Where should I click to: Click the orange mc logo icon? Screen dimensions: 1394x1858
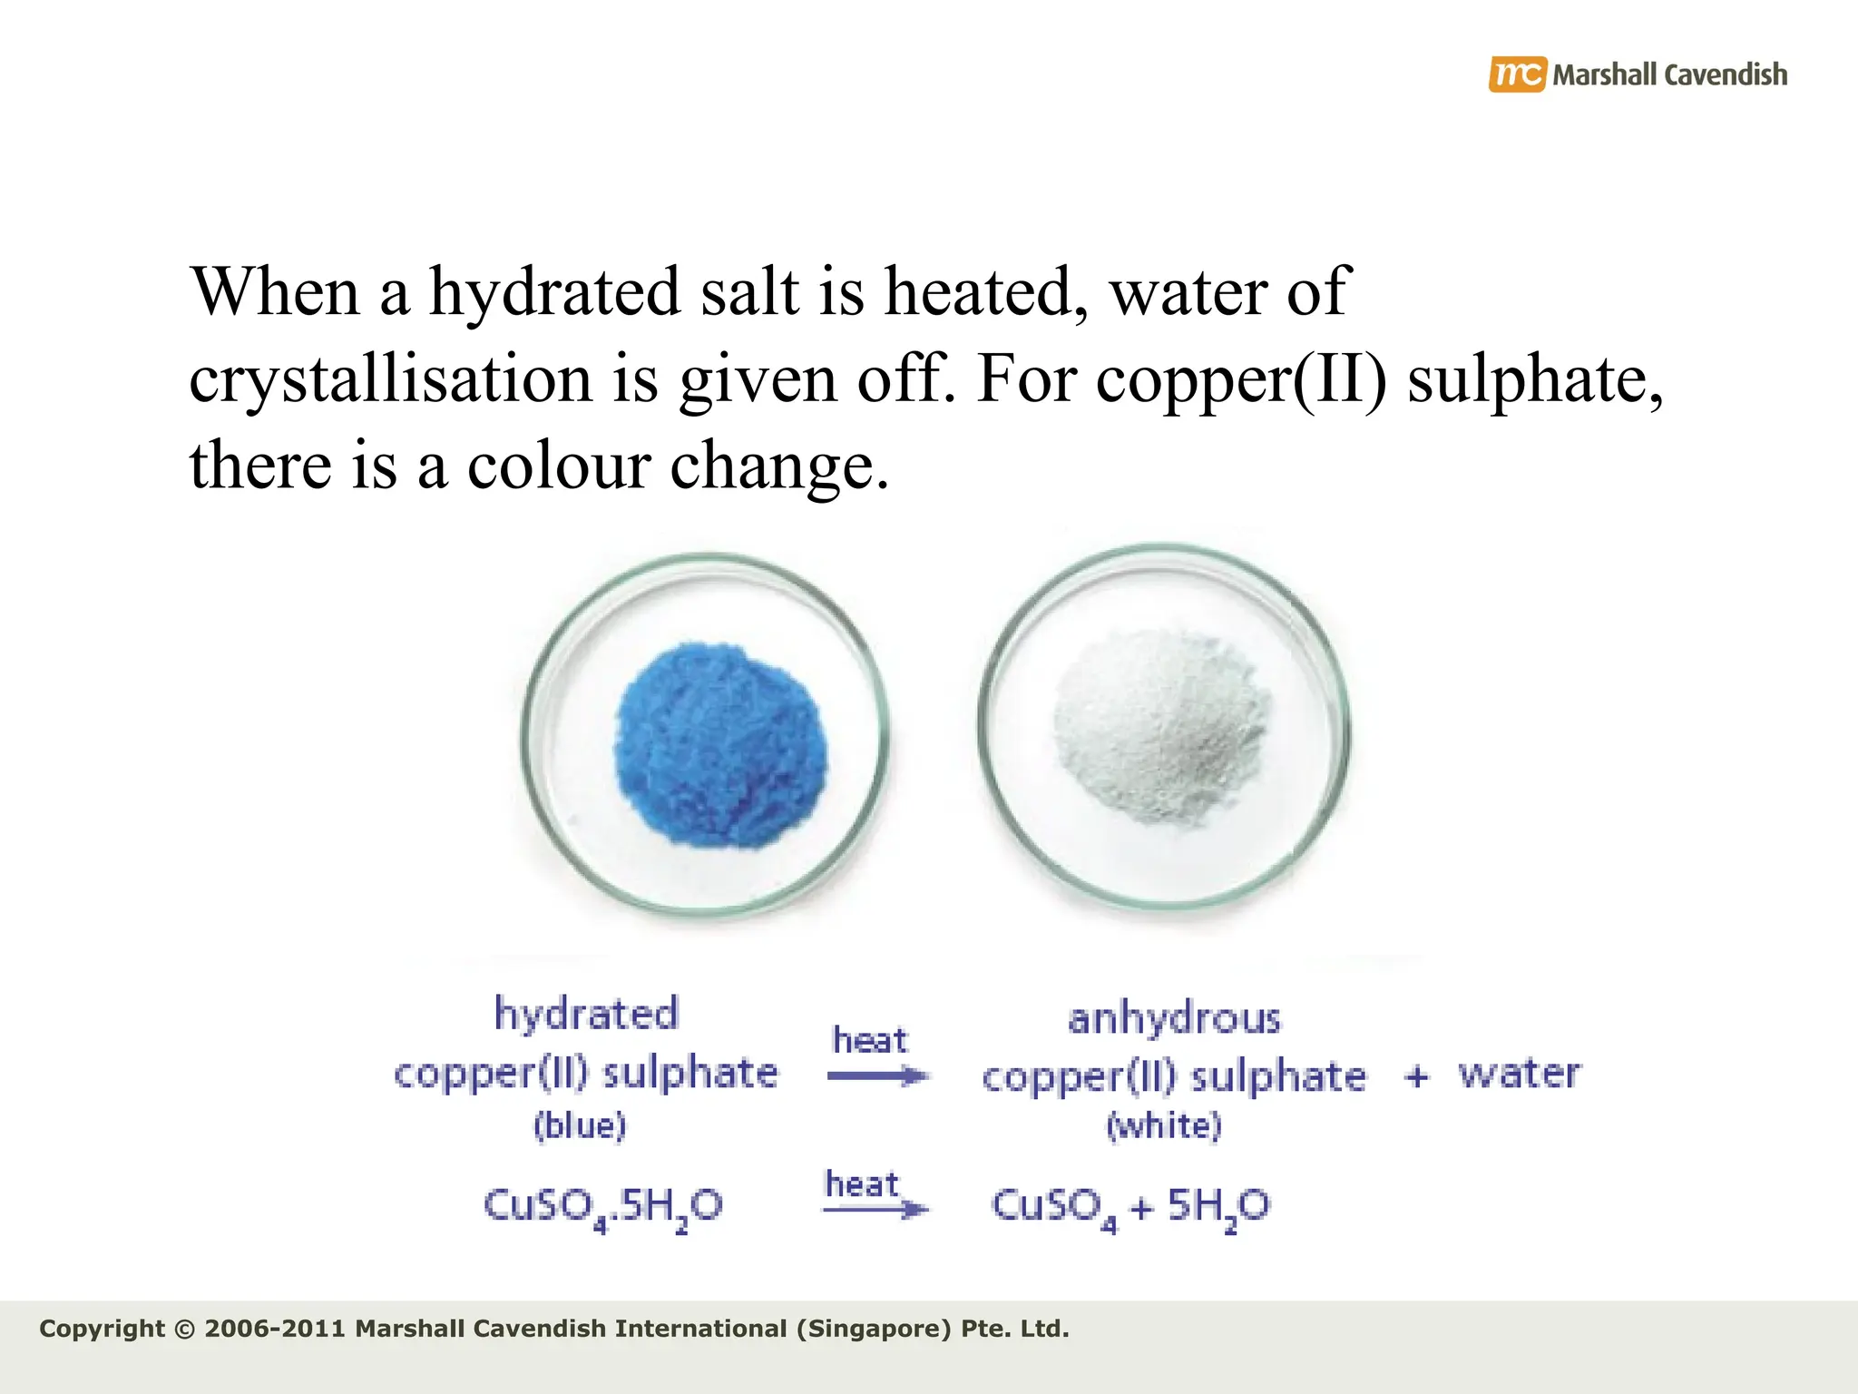point(1516,74)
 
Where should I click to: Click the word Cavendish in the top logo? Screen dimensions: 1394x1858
point(1726,74)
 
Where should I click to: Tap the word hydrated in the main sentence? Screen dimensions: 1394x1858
point(554,292)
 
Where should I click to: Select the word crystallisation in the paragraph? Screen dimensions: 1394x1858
point(390,379)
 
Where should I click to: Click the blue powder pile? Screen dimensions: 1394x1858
point(721,745)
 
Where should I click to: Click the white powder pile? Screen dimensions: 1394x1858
point(1161,727)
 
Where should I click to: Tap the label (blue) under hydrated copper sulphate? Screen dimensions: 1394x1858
point(580,1125)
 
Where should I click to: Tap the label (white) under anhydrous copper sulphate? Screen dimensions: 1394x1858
point(1164,1125)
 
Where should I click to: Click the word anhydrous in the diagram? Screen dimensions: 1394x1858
point(1174,1019)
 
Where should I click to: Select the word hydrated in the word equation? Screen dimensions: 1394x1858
point(586,1014)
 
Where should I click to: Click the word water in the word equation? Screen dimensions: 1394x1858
point(1519,1074)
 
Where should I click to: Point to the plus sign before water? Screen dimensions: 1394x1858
point(1416,1076)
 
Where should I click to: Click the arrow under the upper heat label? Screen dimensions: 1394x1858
point(877,1077)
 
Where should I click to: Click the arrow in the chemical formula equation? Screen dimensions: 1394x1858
point(875,1209)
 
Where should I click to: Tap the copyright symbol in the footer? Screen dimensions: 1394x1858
point(184,1330)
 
